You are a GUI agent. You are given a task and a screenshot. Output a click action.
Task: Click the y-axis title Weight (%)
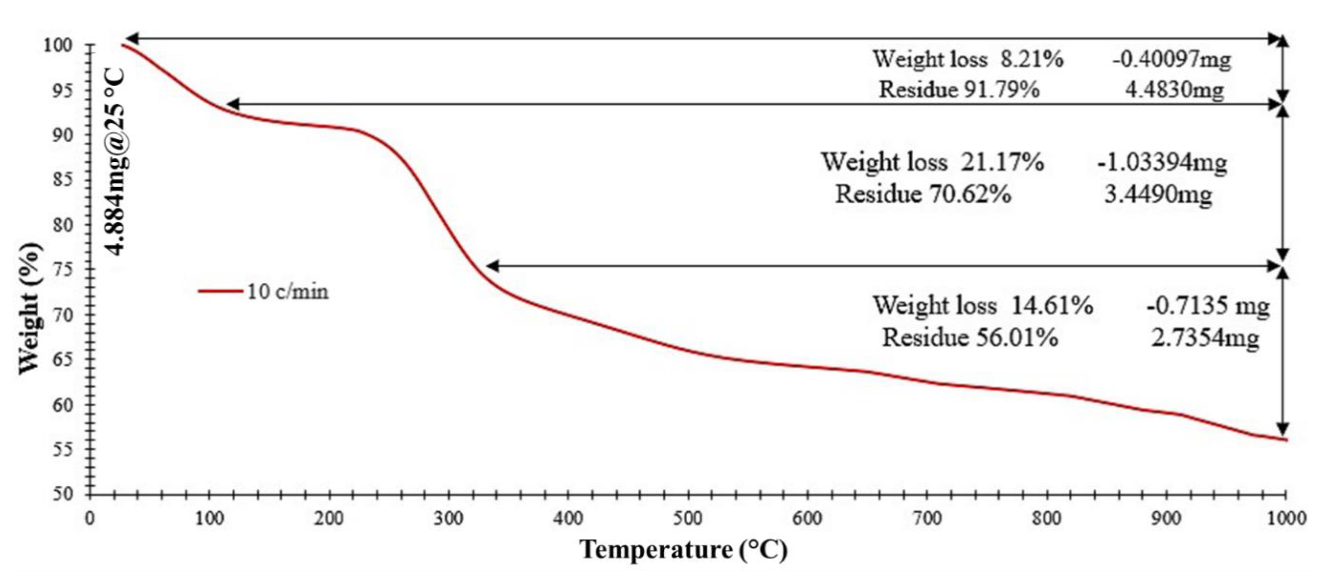(x=30, y=308)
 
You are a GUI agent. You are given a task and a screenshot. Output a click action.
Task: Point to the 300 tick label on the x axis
(x=448, y=519)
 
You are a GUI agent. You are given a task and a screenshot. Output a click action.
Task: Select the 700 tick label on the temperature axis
(x=927, y=519)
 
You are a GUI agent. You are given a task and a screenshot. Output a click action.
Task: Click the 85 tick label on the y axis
(x=63, y=180)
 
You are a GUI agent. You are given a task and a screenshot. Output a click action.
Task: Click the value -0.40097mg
(x=1171, y=59)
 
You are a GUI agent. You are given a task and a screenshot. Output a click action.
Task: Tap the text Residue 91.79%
(x=959, y=90)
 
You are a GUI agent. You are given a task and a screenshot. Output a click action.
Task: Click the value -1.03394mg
(x=1162, y=162)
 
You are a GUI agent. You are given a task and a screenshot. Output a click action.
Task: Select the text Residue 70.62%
(x=923, y=194)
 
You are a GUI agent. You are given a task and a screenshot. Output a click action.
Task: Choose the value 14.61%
(x=1052, y=305)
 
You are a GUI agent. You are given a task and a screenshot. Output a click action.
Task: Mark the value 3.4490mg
(x=1158, y=194)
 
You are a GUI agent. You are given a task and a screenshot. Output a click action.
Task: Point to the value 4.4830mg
(x=1174, y=90)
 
